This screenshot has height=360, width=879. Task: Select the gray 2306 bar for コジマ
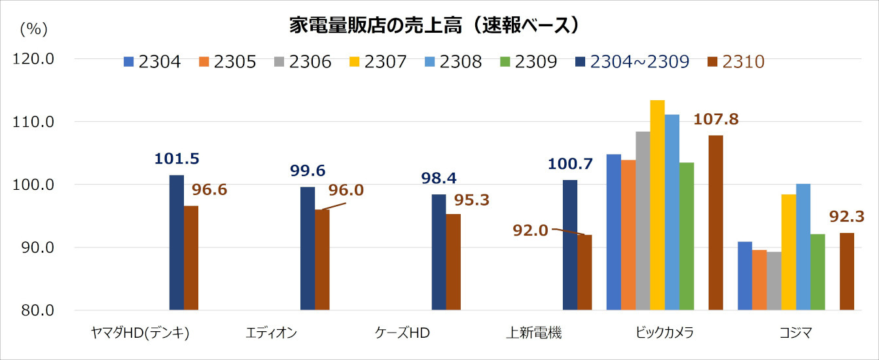point(774,281)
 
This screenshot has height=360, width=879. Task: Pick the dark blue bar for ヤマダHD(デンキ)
point(177,242)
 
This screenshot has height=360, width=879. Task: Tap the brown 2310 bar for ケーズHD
point(453,262)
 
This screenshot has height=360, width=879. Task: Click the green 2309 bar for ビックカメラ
point(687,236)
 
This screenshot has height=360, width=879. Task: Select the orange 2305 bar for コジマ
point(759,279)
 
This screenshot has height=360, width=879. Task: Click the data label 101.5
point(177,159)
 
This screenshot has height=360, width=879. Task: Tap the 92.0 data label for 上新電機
point(531,230)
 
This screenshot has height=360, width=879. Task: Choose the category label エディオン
point(271,333)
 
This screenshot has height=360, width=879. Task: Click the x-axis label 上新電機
point(534,333)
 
